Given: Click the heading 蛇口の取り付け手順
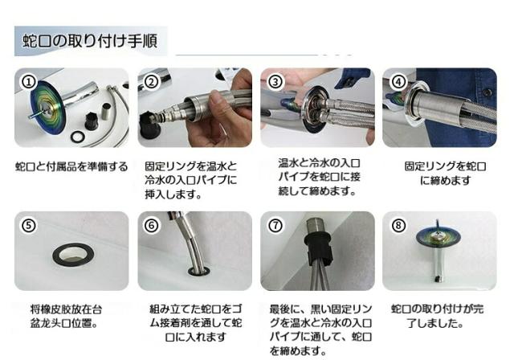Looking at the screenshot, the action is point(90,41).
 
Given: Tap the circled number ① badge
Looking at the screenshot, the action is point(29,82).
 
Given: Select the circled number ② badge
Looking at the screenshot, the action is point(151,82).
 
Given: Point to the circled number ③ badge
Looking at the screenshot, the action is point(275,82).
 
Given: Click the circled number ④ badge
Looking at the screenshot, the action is point(398,82).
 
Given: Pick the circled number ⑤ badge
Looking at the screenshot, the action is point(29,226).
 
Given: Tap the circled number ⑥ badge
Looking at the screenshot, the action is point(151,226).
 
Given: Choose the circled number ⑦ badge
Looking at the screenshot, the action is point(275,226).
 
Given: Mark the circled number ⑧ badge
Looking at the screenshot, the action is point(398,226).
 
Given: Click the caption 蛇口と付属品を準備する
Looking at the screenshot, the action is point(71,167).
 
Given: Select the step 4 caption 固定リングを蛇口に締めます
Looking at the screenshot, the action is point(445,174).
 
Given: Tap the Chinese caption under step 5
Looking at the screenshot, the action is point(66,317).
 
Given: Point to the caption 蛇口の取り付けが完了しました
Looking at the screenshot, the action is point(437,316).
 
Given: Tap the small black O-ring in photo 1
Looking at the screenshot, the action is point(78,137).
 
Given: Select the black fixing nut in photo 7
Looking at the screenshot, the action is point(319,247).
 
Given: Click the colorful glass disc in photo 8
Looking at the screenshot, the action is point(439,236).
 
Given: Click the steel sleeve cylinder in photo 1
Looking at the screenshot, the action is point(107,112).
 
